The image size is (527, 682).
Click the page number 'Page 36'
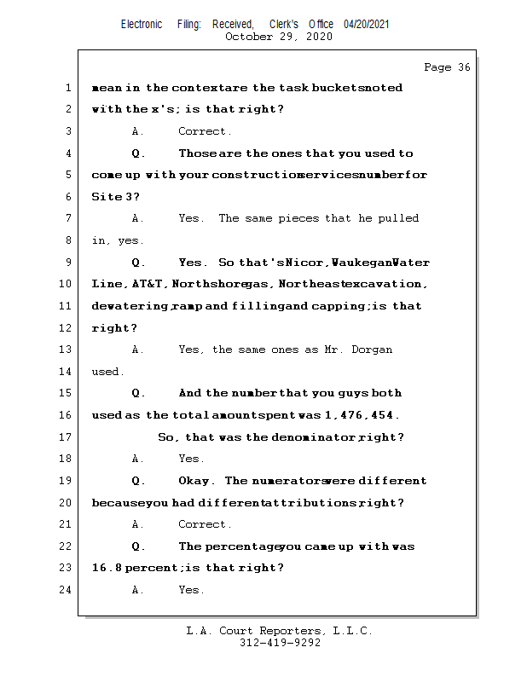coord(447,67)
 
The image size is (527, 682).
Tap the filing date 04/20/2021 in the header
coord(367,25)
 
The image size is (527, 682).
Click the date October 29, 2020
coord(279,37)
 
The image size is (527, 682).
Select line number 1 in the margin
coord(67,88)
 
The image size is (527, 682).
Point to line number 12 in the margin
coord(65,328)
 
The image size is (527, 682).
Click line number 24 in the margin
coord(65,590)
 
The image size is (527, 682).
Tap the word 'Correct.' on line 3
coord(204,131)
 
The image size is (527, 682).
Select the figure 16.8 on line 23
coord(107,568)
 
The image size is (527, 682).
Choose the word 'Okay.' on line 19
coord(196,481)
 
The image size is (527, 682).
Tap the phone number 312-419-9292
coord(280,644)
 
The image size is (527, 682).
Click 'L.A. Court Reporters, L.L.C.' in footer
coord(280,631)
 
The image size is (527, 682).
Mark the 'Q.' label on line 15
coord(138,393)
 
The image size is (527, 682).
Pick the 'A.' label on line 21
coord(138,524)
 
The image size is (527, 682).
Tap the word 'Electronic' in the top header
coord(142,25)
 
